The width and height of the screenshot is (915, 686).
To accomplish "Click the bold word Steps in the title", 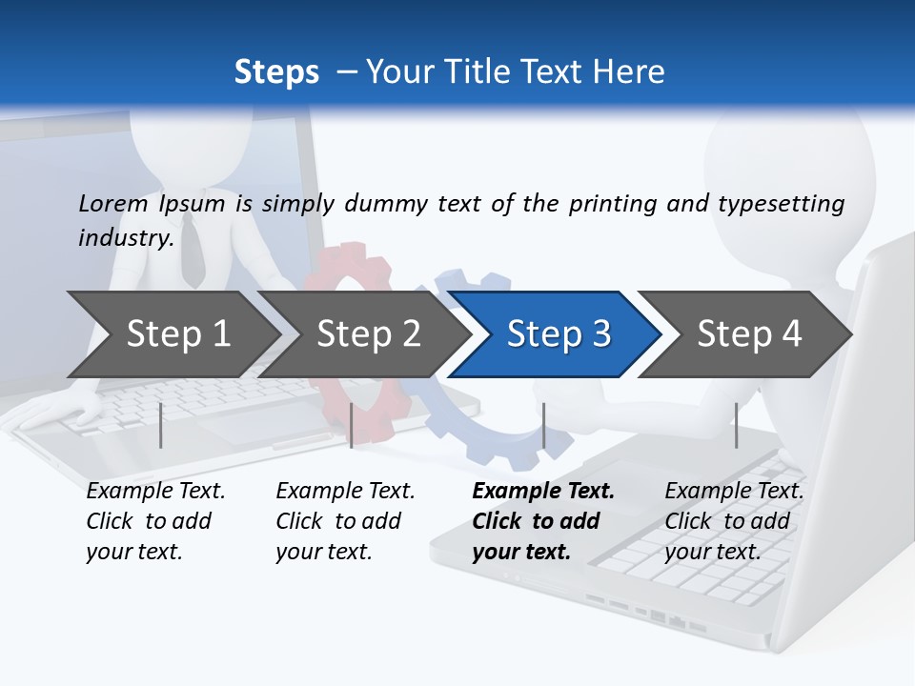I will point(276,72).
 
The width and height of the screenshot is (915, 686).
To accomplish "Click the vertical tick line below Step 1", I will point(161,425).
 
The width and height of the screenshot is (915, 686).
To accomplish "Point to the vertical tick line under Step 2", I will point(352,425).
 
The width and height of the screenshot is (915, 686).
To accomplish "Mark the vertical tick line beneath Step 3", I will point(543,425).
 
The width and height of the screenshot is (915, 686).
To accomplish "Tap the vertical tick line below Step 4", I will point(736,425).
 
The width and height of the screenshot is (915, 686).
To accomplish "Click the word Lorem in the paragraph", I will point(113,204).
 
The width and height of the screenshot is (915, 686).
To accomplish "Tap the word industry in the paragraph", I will point(125,238).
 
